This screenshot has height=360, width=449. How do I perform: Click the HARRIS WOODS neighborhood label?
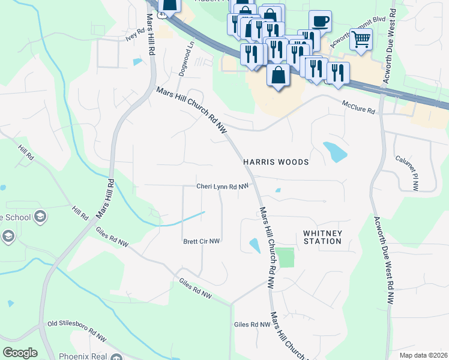click(276, 162)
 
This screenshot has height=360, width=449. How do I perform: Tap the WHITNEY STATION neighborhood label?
click(322, 237)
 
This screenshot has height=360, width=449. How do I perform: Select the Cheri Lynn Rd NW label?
click(222, 187)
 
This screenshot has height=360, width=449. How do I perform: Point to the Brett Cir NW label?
click(202, 241)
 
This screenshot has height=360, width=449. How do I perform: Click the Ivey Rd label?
click(136, 35)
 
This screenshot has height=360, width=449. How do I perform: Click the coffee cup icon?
click(320, 21)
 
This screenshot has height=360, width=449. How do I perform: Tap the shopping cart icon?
click(361, 39)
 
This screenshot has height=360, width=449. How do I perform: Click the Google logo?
click(20, 353)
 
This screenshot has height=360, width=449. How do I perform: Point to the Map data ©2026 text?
click(423, 355)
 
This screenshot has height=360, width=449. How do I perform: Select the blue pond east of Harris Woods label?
click(334, 152)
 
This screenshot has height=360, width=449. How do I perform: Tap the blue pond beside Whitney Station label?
click(255, 245)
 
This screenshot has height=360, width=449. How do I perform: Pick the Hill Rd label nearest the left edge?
click(26, 152)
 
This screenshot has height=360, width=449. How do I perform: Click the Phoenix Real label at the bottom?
click(83, 356)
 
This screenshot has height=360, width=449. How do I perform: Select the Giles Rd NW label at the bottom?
click(252, 325)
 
